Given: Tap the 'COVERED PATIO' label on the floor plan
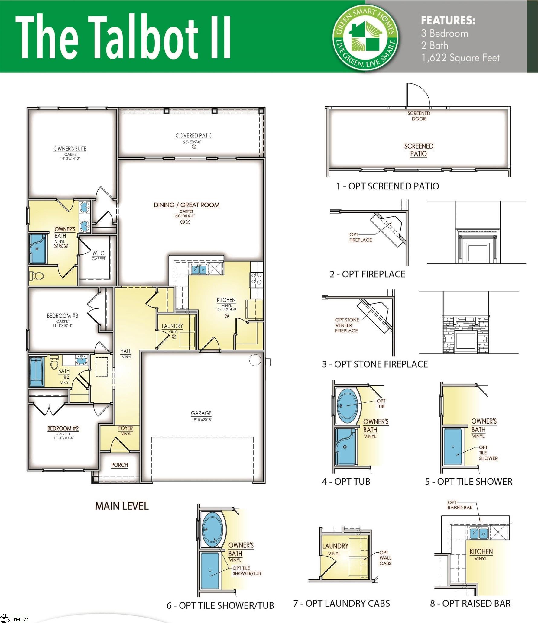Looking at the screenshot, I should (x=194, y=136).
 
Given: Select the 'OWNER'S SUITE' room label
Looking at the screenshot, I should (x=70, y=149).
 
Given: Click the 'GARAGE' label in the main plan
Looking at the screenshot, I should (x=201, y=413).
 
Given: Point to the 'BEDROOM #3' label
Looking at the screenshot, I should (x=63, y=316).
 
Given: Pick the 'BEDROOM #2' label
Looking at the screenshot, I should (x=63, y=428).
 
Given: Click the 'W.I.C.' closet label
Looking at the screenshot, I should (x=99, y=253).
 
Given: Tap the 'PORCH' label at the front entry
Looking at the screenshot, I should (x=119, y=465).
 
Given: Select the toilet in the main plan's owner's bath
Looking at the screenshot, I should (x=37, y=276).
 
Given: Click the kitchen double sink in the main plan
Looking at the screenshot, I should (x=199, y=269).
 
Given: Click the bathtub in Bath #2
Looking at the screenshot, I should (x=37, y=371).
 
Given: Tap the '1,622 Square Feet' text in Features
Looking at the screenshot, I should (x=461, y=58).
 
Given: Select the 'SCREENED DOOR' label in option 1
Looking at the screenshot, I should (x=419, y=116).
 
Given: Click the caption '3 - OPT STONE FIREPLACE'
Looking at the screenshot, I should (x=375, y=364).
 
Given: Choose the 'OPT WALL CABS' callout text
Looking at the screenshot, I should (x=385, y=558).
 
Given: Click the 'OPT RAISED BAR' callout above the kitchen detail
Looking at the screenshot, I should (x=460, y=505).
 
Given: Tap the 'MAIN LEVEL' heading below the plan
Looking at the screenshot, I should (x=122, y=506).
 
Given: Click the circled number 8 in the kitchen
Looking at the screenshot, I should (x=227, y=316).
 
